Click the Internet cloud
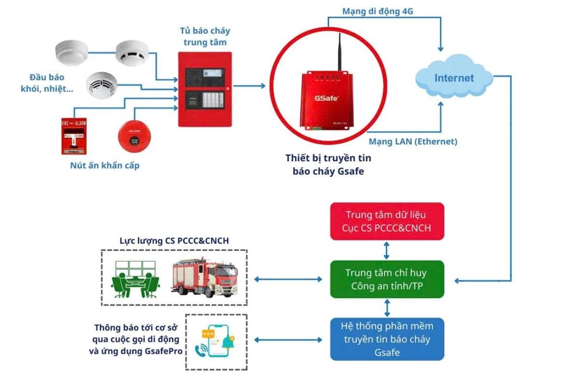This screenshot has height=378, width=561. pyautogui.click(x=454, y=78)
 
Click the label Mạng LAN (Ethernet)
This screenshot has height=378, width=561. pyautogui.click(x=413, y=142)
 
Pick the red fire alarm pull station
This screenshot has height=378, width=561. pyautogui.click(x=74, y=136)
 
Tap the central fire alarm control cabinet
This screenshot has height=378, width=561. pyautogui.click(x=205, y=89)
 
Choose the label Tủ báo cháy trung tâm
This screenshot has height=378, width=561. pyautogui.click(x=205, y=36)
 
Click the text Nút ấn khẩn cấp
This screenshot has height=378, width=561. pyautogui.click(x=103, y=166)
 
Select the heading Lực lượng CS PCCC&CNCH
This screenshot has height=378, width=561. pyautogui.click(x=174, y=240)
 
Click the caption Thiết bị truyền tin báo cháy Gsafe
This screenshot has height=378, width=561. pyautogui.click(x=328, y=164)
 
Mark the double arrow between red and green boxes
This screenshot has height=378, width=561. pyautogui.click(x=386, y=250)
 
